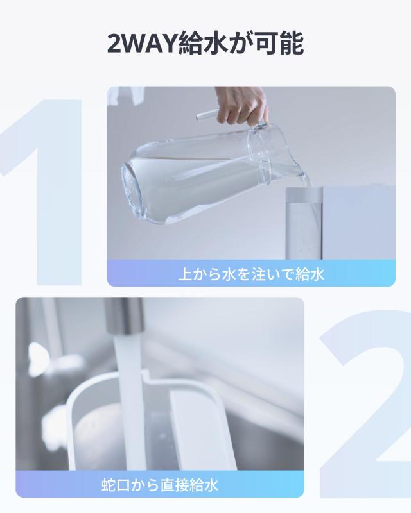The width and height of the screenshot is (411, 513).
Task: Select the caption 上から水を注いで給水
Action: point(251,274)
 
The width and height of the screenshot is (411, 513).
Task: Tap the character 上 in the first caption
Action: point(185,274)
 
